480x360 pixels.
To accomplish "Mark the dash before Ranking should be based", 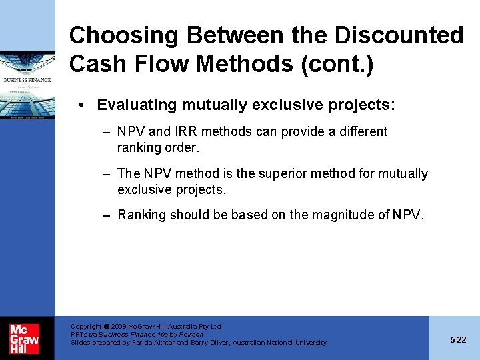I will point(106,215).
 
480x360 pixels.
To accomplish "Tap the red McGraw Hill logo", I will point(24,339).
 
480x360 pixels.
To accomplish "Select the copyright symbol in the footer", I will point(106,327).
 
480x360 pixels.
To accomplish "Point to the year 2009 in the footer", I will point(119,327).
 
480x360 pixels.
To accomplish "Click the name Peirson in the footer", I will point(190,335).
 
